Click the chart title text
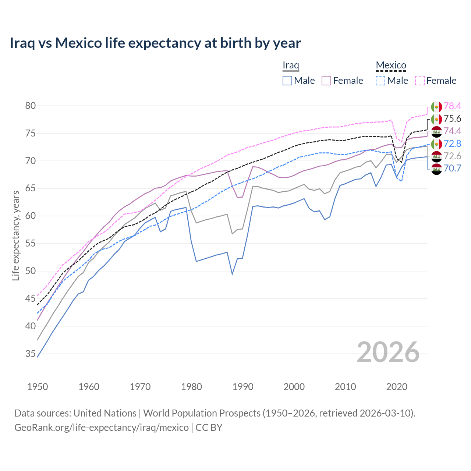point(155,43)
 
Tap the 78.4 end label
point(452,106)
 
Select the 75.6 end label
point(452,119)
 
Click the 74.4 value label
point(452,131)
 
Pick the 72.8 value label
point(452,144)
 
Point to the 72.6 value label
point(452,156)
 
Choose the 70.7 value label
point(452,169)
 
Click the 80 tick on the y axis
point(31,106)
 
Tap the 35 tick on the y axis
point(31,354)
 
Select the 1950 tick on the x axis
point(38,387)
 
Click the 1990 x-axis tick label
point(243,387)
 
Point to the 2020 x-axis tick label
point(397,387)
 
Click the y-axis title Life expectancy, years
point(16,235)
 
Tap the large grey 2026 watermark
point(388,353)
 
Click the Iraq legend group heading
point(291,65)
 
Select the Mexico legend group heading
point(391,65)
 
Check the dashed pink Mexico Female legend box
point(420,81)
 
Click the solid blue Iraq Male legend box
point(287,81)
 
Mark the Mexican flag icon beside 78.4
point(436,107)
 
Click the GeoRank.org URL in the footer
point(101,428)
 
